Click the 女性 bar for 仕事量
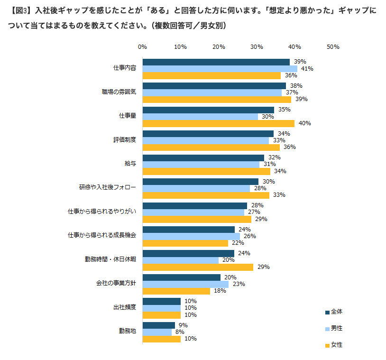[218, 123]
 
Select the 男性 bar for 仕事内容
[220, 69]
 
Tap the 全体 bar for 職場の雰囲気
[214, 86]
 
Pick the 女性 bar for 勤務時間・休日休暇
[198, 267]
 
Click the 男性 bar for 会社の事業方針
[185, 284]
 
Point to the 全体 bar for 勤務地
[158, 325]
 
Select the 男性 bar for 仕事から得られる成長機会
[191, 236]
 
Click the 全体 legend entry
[334, 312]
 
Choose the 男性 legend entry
[334, 328]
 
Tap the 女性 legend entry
[334, 345]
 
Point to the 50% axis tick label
[333, 47]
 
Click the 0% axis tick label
[142, 47]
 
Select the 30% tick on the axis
[257, 47]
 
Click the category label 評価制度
[125, 140]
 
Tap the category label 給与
[130, 164]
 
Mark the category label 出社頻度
[125, 308]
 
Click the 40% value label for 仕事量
[304, 123]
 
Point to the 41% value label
[307, 69]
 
